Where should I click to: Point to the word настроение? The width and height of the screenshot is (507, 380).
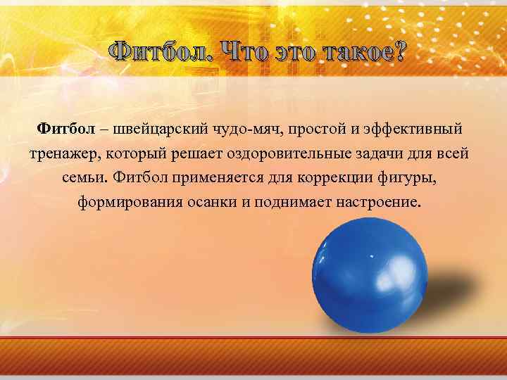click(381, 203)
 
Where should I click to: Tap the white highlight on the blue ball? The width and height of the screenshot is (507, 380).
click(337, 243)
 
